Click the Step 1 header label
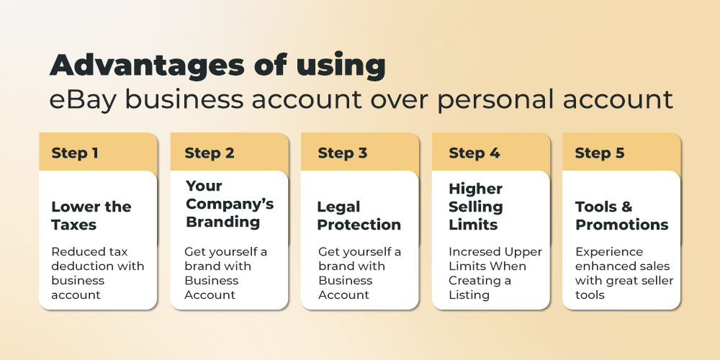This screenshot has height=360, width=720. (x=75, y=153)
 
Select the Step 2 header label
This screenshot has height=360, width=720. (x=210, y=153)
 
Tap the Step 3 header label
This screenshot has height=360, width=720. (x=343, y=153)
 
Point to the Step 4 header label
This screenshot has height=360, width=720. (x=474, y=153)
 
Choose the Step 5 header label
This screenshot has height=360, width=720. (x=600, y=153)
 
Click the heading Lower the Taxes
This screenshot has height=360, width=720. (x=91, y=215)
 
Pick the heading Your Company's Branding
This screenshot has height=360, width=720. (x=230, y=204)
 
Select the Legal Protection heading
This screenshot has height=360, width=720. (x=359, y=215)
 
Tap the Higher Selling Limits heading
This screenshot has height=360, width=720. (x=476, y=207)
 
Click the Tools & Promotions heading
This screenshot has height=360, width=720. (x=622, y=215)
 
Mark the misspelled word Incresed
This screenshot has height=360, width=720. (x=474, y=252)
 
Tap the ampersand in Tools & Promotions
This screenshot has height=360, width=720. (x=627, y=207)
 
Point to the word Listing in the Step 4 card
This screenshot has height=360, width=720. (x=469, y=295)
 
